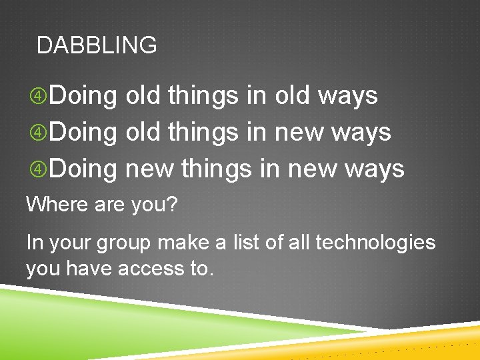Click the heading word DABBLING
coord(97,45)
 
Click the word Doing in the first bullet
coord(83,96)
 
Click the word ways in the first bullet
coord(347,96)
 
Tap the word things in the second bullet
coord(203,132)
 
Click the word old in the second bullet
coord(143,132)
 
